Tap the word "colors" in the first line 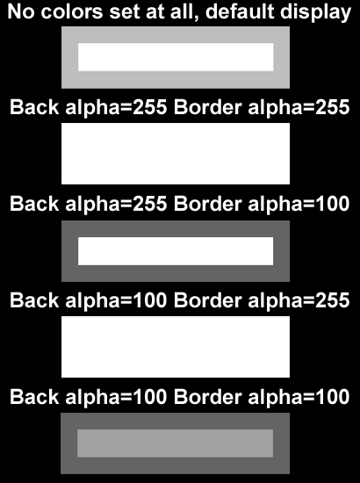point(71,12)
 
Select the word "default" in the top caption point(240,11)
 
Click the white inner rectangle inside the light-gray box point(176,57)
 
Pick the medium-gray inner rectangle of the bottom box point(175,443)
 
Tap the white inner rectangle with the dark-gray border point(176,251)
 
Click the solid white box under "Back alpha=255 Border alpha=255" point(176,154)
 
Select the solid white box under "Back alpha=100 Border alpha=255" point(176,347)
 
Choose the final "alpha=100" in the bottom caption point(299,397)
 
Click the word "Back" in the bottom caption point(34,397)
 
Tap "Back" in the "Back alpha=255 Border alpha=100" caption point(34,204)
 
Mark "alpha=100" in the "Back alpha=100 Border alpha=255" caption point(116,301)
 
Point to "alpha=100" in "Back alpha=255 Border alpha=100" point(299,205)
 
